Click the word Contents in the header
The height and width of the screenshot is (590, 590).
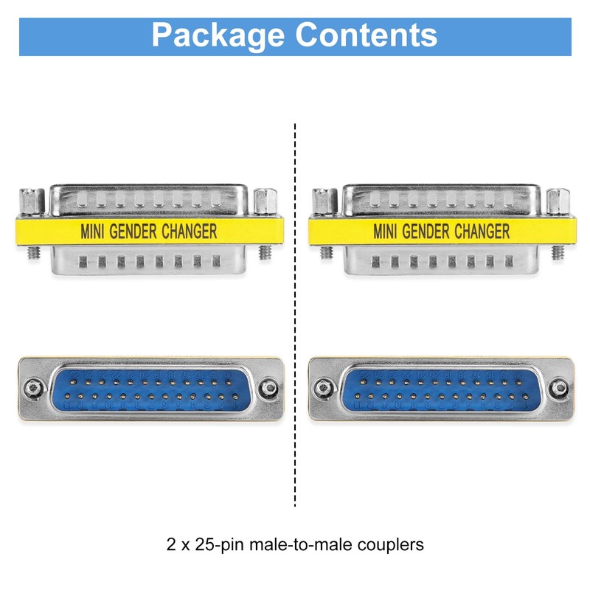367,35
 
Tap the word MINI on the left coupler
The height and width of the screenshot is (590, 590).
93,232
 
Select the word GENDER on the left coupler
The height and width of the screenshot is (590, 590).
133,232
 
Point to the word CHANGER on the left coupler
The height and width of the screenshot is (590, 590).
190,232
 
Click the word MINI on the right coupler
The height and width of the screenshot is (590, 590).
386,232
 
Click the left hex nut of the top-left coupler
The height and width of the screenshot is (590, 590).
29,200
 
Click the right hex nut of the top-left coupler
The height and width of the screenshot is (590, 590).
263,200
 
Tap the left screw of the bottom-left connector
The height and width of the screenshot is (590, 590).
32,387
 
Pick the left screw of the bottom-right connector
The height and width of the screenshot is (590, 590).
323,387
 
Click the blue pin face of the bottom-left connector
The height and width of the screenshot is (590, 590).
150,390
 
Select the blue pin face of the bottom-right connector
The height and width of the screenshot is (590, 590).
441,390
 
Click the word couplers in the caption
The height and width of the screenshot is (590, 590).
389,546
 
